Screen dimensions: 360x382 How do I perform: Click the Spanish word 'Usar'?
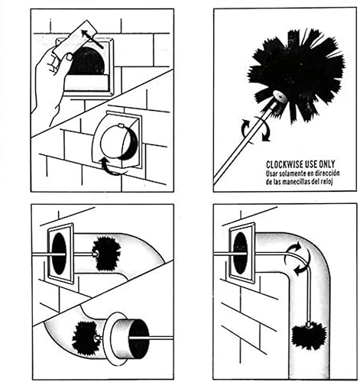[x=271, y=173]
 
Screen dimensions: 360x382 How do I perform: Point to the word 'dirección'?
[x=329, y=173]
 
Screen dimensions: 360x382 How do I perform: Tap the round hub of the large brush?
[x=279, y=96]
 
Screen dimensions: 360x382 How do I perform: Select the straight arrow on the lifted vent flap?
[x=92, y=39]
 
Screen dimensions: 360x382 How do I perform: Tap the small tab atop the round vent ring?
[x=121, y=126]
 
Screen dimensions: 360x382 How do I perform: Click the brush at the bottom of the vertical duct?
[x=309, y=335]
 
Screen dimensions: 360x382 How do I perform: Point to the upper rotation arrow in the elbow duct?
[x=294, y=248]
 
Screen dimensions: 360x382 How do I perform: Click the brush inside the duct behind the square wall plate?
[x=106, y=254]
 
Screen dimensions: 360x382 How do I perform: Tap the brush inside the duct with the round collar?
[x=86, y=337]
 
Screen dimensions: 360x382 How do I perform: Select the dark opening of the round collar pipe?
[x=139, y=338]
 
